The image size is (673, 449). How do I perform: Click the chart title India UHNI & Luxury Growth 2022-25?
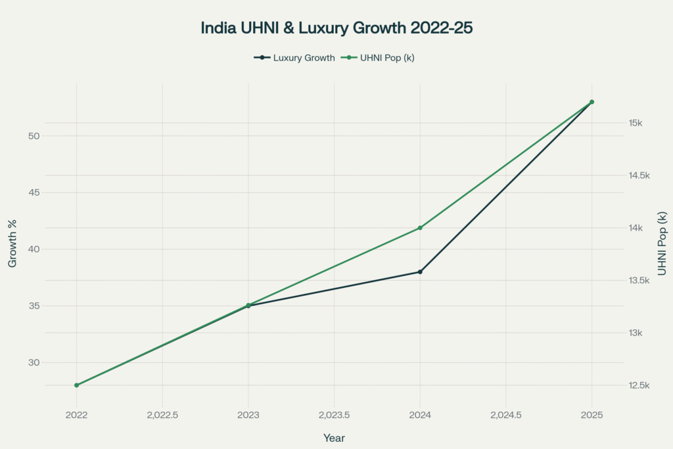[336, 29]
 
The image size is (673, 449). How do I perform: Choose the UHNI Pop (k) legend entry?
[377, 58]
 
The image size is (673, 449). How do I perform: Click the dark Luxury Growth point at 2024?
[420, 272]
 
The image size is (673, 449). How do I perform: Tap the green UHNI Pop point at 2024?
[420, 228]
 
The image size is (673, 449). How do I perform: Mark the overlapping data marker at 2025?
[592, 102]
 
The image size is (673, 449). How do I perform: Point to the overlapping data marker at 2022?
[76, 385]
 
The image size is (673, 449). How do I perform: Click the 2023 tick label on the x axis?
[248, 415]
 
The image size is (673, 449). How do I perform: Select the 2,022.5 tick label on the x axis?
[162, 415]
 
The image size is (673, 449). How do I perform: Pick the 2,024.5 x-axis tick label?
[505, 415]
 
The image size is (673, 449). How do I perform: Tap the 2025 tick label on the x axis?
[592, 415]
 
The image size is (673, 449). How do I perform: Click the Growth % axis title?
[13, 243]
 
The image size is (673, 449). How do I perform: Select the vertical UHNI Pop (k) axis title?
[662, 243]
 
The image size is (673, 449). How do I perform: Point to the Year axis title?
[334, 438]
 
